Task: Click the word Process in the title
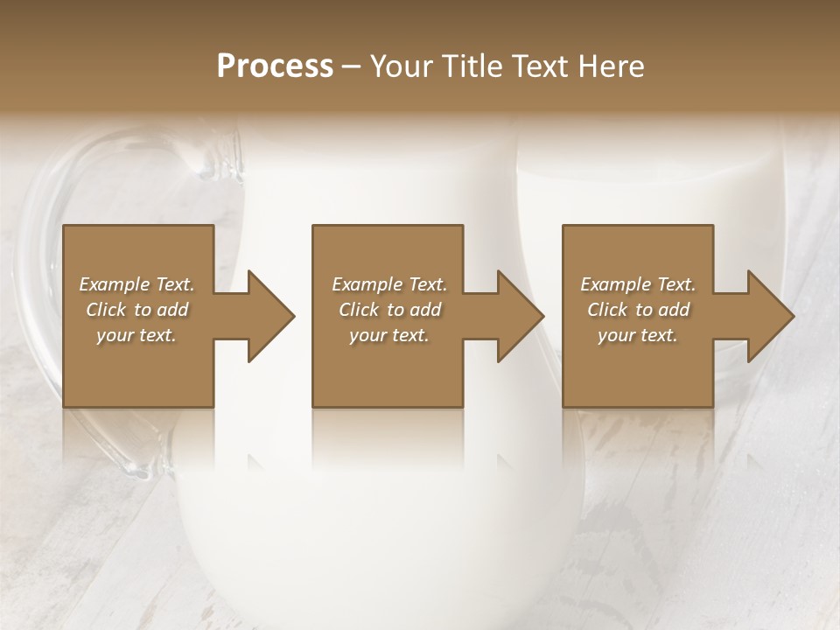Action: (x=275, y=66)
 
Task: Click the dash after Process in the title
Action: (x=352, y=67)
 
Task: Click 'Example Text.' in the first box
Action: (x=136, y=284)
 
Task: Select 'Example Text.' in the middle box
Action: (x=389, y=284)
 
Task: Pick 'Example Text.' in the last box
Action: (x=638, y=284)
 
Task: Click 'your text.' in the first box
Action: (x=136, y=335)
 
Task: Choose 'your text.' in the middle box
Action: (x=389, y=335)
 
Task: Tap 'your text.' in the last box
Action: (x=638, y=335)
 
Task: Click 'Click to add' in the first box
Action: (x=136, y=310)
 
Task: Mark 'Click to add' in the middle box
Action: (x=389, y=310)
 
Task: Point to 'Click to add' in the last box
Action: (x=638, y=310)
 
